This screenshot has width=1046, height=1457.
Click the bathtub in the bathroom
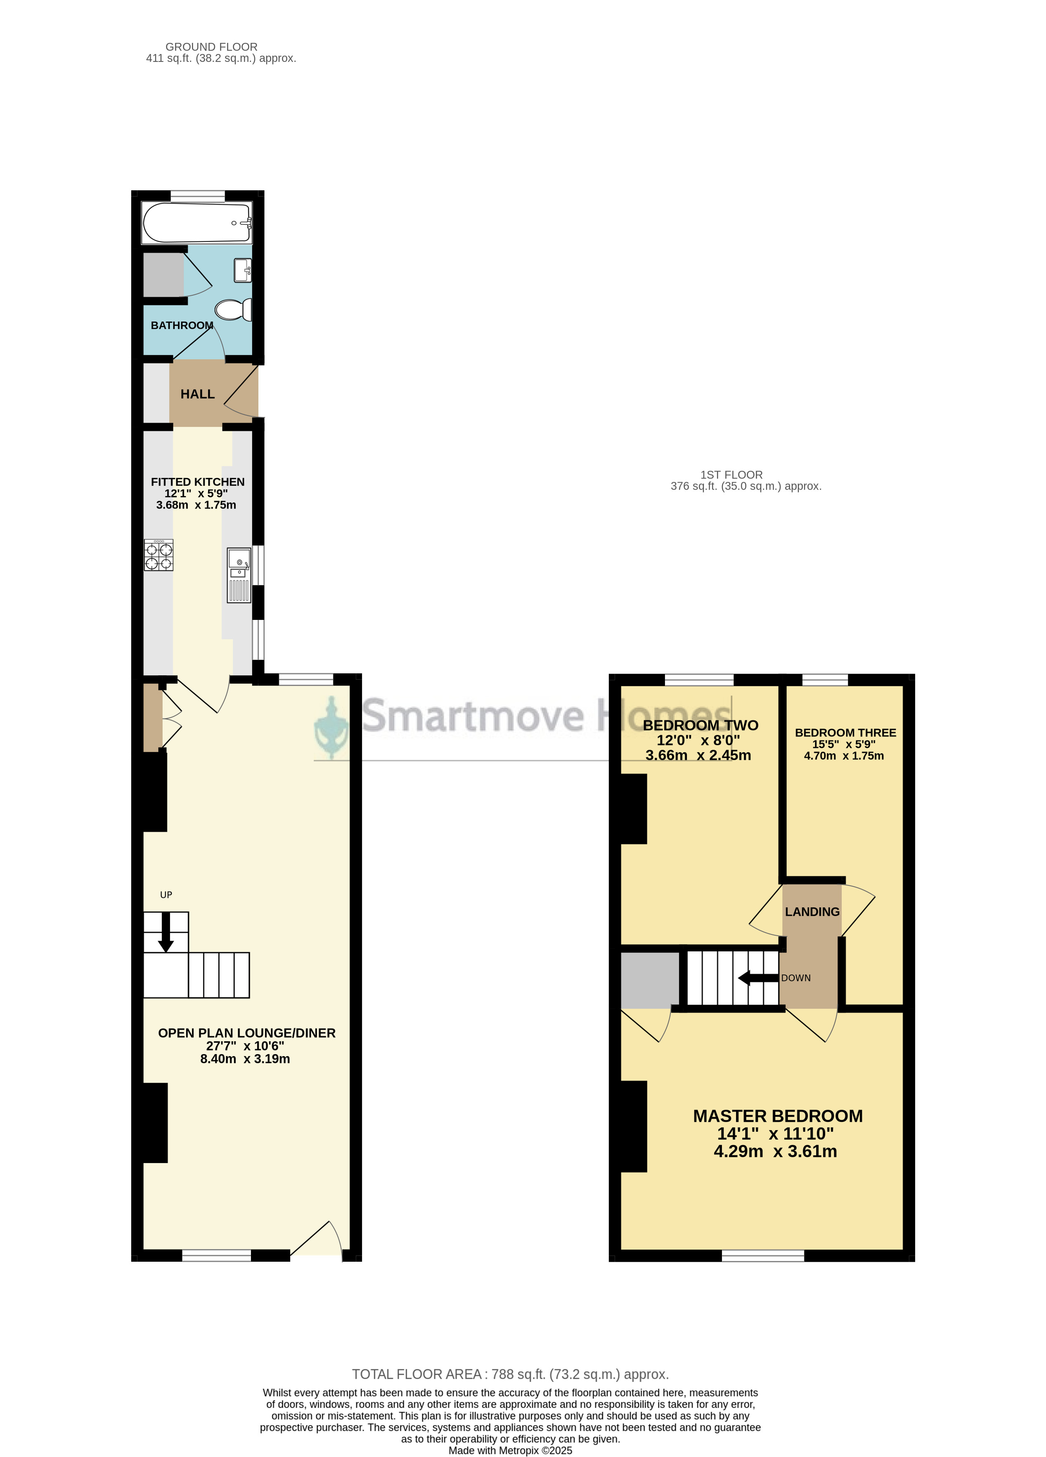pyautogui.click(x=197, y=223)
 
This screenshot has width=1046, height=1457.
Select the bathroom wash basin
pyautogui.click(x=243, y=270)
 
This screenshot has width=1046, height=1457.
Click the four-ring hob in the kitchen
pyautogui.click(x=159, y=556)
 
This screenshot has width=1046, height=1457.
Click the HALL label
pyautogui.click(x=197, y=394)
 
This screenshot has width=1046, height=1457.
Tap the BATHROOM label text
pyautogui.click(x=182, y=325)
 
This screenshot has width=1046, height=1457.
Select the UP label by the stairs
pyautogui.click(x=166, y=895)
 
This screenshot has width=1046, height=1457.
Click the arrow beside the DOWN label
pyautogui.click(x=758, y=978)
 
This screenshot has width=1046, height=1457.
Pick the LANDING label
pyautogui.click(x=812, y=912)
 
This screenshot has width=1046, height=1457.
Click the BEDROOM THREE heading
pyautogui.click(x=845, y=732)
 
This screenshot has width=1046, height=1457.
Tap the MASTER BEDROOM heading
pyautogui.click(x=777, y=1116)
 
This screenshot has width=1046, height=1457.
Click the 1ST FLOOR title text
pyautogui.click(x=731, y=475)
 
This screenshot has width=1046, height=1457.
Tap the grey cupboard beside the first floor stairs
pyautogui.click(x=650, y=980)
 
